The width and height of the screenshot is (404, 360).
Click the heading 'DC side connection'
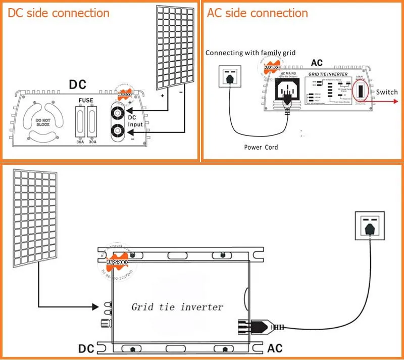(x=59, y=13)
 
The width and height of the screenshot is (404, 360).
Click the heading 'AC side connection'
(x=258, y=13)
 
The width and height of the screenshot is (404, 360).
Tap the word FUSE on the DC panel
(x=86, y=101)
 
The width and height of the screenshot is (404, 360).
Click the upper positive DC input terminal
(x=119, y=112)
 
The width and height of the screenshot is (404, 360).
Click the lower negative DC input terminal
(x=119, y=131)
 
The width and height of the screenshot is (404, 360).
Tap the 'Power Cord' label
(x=261, y=147)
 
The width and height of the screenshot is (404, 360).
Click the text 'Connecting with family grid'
(x=250, y=53)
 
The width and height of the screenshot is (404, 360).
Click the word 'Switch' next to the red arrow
(x=387, y=92)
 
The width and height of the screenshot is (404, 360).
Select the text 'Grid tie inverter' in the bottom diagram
(x=177, y=307)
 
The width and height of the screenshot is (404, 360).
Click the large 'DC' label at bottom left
(x=86, y=349)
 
